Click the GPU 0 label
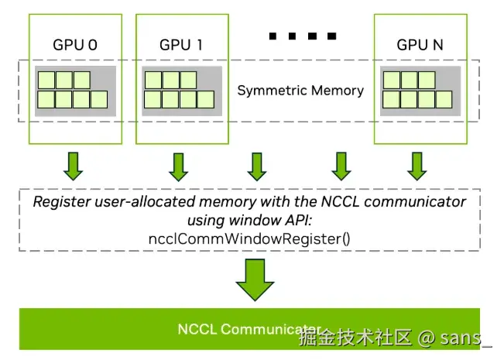(74, 45)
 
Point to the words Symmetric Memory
(300, 91)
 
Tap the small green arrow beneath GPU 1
(180, 164)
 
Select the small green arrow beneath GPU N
(418, 164)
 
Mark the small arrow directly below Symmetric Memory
(256, 164)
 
